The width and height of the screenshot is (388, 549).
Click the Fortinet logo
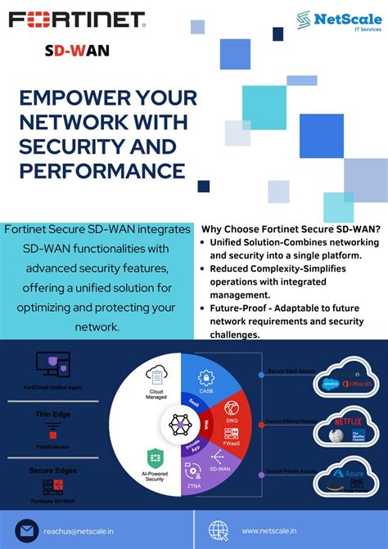coord(77,19)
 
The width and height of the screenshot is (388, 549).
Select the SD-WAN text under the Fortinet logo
coord(76,51)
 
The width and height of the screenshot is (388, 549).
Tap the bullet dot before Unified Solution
coord(203,243)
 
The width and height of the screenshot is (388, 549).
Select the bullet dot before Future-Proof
coord(203,308)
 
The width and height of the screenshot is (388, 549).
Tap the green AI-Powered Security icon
coord(152,457)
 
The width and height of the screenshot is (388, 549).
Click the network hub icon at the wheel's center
coord(180,424)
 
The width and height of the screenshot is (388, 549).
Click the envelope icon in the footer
coord(26,531)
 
